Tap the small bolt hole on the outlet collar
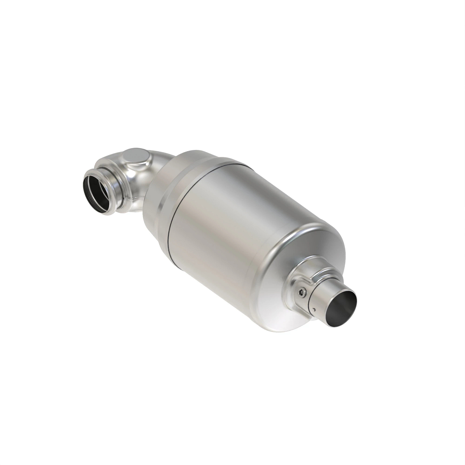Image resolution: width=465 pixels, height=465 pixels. [x=301, y=292]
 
